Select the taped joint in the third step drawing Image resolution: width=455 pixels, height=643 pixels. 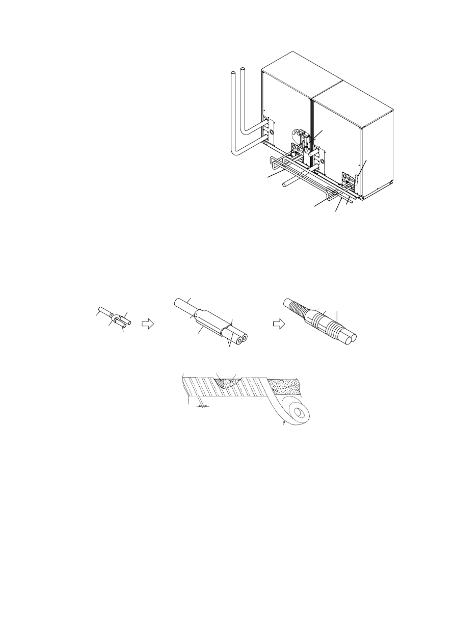(319, 321)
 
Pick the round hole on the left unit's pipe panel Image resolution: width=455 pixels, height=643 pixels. (271, 131)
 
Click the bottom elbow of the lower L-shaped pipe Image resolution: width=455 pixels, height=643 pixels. (235, 152)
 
